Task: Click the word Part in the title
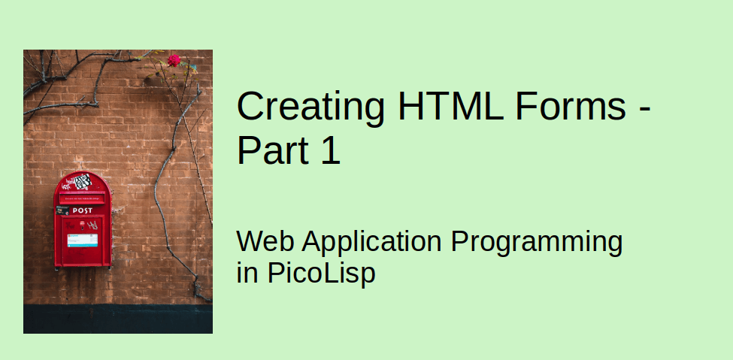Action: pos(272,150)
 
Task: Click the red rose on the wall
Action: pos(174,60)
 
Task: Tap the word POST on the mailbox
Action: pos(83,210)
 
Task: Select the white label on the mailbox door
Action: pos(82,241)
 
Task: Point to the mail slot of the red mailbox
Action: pos(83,199)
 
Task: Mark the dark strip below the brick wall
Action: pos(118,319)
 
